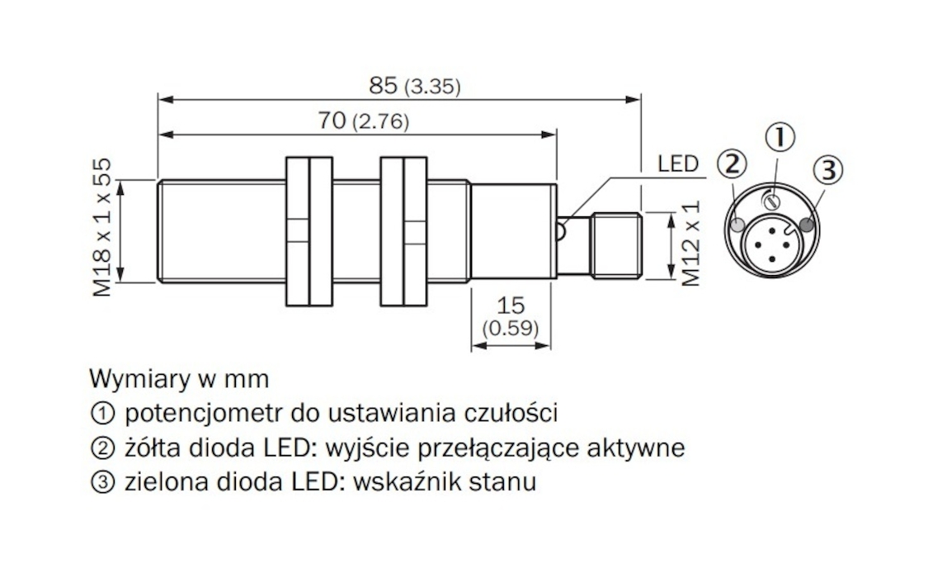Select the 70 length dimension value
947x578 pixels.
tap(331, 121)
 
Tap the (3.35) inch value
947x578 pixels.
tap(432, 87)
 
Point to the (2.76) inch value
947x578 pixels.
tap(380, 123)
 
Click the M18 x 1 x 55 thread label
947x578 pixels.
tap(102, 226)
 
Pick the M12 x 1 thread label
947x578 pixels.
tap(690, 245)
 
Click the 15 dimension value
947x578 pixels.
tap(511, 304)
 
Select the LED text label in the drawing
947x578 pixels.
tap(678, 163)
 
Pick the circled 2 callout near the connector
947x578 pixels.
tap(731, 164)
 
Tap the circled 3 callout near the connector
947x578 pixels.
tap(828, 171)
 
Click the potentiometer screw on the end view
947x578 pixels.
tap(773, 200)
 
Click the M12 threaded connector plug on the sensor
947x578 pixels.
tap(616, 246)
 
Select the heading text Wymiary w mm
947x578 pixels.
tap(178, 379)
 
